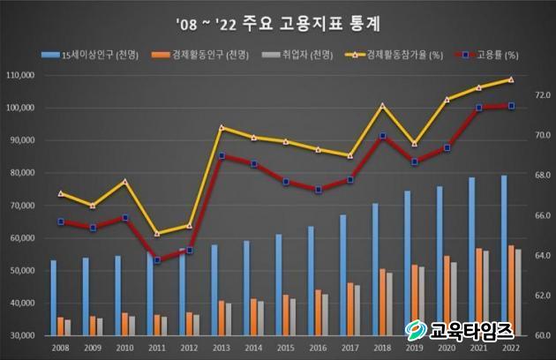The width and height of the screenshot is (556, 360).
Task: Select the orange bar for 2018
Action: point(381,302)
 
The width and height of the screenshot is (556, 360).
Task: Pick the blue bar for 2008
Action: point(53,297)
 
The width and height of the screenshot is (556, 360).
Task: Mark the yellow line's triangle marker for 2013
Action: point(222,128)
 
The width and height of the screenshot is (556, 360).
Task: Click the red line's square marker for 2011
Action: point(157,260)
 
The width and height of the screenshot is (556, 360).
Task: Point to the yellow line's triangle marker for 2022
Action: point(511,79)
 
